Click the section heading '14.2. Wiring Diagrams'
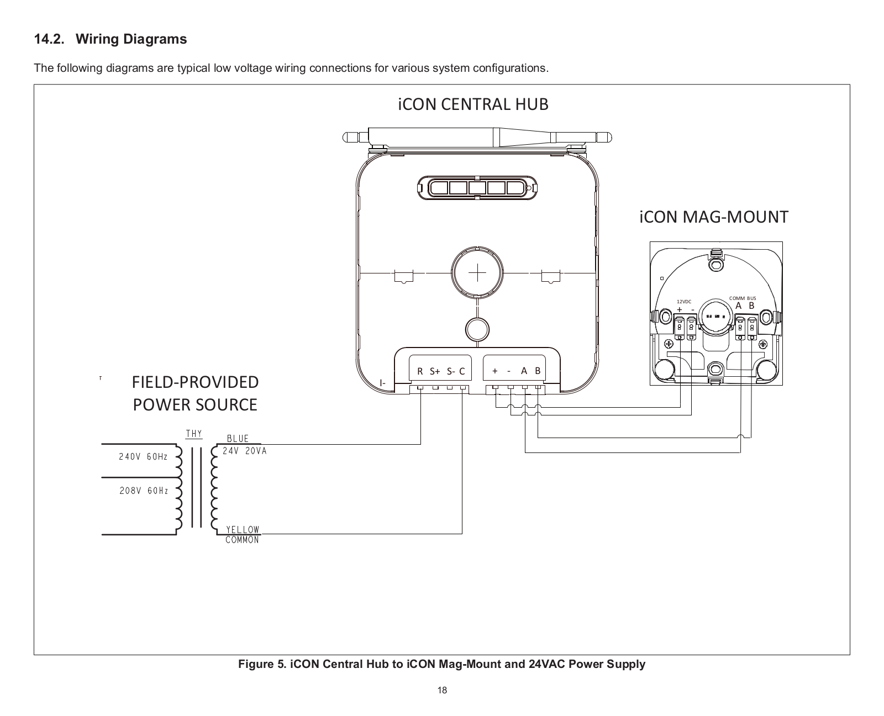tap(110, 40)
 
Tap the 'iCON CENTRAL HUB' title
tap(473, 104)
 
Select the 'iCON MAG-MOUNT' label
tap(713, 217)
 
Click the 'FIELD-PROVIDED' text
tap(195, 382)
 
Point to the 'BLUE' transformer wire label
tap(238, 439)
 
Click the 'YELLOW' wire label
tap(243, 530)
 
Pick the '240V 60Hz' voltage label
tap(143, 457)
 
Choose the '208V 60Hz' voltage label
tap(144, 491)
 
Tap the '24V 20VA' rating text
tap(244, 451)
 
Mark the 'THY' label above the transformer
tap(194, 434)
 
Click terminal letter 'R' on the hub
tap(420, 372)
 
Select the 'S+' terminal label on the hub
tap(434, 372)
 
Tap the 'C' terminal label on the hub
tap(462, 372)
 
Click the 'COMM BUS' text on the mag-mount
tap(743, 298)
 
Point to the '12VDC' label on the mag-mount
tap(684, 302)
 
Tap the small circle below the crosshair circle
tap(477, 329)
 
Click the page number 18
tap(442, 690)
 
